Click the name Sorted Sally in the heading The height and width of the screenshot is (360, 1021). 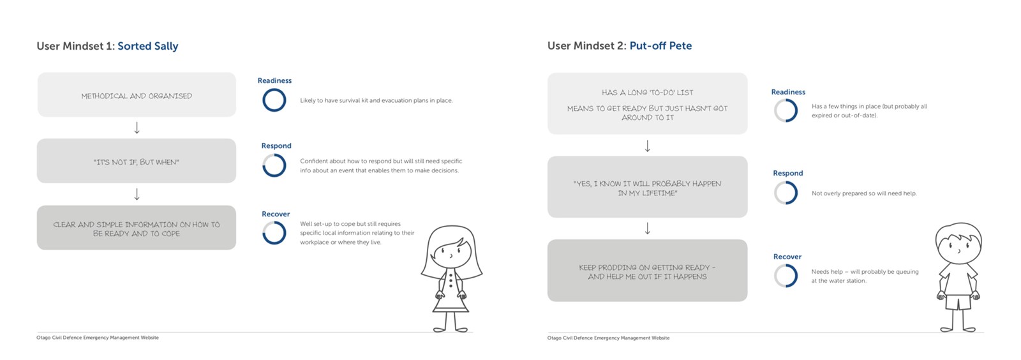click(147, 46)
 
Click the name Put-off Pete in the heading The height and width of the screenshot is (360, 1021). click(660, 45)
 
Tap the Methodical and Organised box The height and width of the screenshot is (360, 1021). click(137, 94)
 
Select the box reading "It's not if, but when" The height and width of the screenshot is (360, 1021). click(137, 161)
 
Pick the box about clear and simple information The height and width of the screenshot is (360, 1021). click(137, 227)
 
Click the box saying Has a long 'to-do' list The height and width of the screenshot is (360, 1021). click(647, 103)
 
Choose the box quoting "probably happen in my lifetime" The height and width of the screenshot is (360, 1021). click(647, 187)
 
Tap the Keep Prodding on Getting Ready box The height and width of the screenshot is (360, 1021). click(647, 270)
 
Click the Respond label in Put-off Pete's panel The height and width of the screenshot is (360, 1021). click(788, 173)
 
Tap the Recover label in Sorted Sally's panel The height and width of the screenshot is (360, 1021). click(276, 214)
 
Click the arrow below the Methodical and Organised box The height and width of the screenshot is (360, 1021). click(137, 128)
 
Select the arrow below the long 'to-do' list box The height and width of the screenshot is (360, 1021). click(647, 146)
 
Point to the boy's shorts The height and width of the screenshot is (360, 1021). click(958, 302)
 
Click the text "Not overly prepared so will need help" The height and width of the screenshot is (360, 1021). click(864, 193)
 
